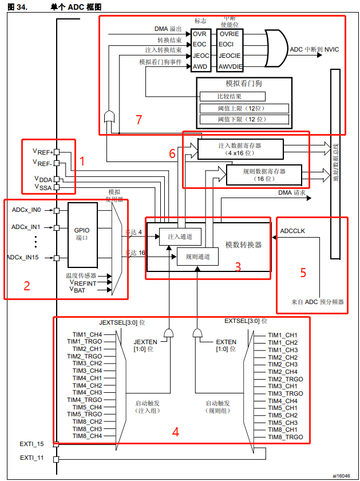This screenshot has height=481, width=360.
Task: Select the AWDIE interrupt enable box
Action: (230, 66)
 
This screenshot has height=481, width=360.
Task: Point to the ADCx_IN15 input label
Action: (23, 257)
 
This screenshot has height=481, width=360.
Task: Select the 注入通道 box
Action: (180, 236)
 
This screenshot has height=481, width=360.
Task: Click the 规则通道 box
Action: (197, 257)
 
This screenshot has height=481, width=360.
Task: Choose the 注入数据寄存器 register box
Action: (240, 149)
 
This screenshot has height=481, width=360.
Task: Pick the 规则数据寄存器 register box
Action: (264, 175)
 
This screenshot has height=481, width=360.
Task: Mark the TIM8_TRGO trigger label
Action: (286, 437)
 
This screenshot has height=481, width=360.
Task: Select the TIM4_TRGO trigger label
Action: (85, 400)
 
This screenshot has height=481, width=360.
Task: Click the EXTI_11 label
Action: (31, 458)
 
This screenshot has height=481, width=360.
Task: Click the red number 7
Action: (138, 119)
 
